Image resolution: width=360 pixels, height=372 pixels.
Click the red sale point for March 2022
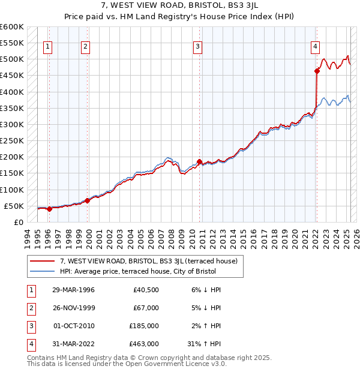point(317,71)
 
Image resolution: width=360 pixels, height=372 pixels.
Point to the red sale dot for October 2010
point(199,161)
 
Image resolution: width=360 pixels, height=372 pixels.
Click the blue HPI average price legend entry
point(137,272)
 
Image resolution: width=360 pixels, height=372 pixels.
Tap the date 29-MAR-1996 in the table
point(73,290)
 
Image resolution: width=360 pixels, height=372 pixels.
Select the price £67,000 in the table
point(146,308)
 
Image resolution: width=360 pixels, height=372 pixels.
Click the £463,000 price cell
point(144,344)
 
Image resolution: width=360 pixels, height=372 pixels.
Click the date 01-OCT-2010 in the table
point(73,326)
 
